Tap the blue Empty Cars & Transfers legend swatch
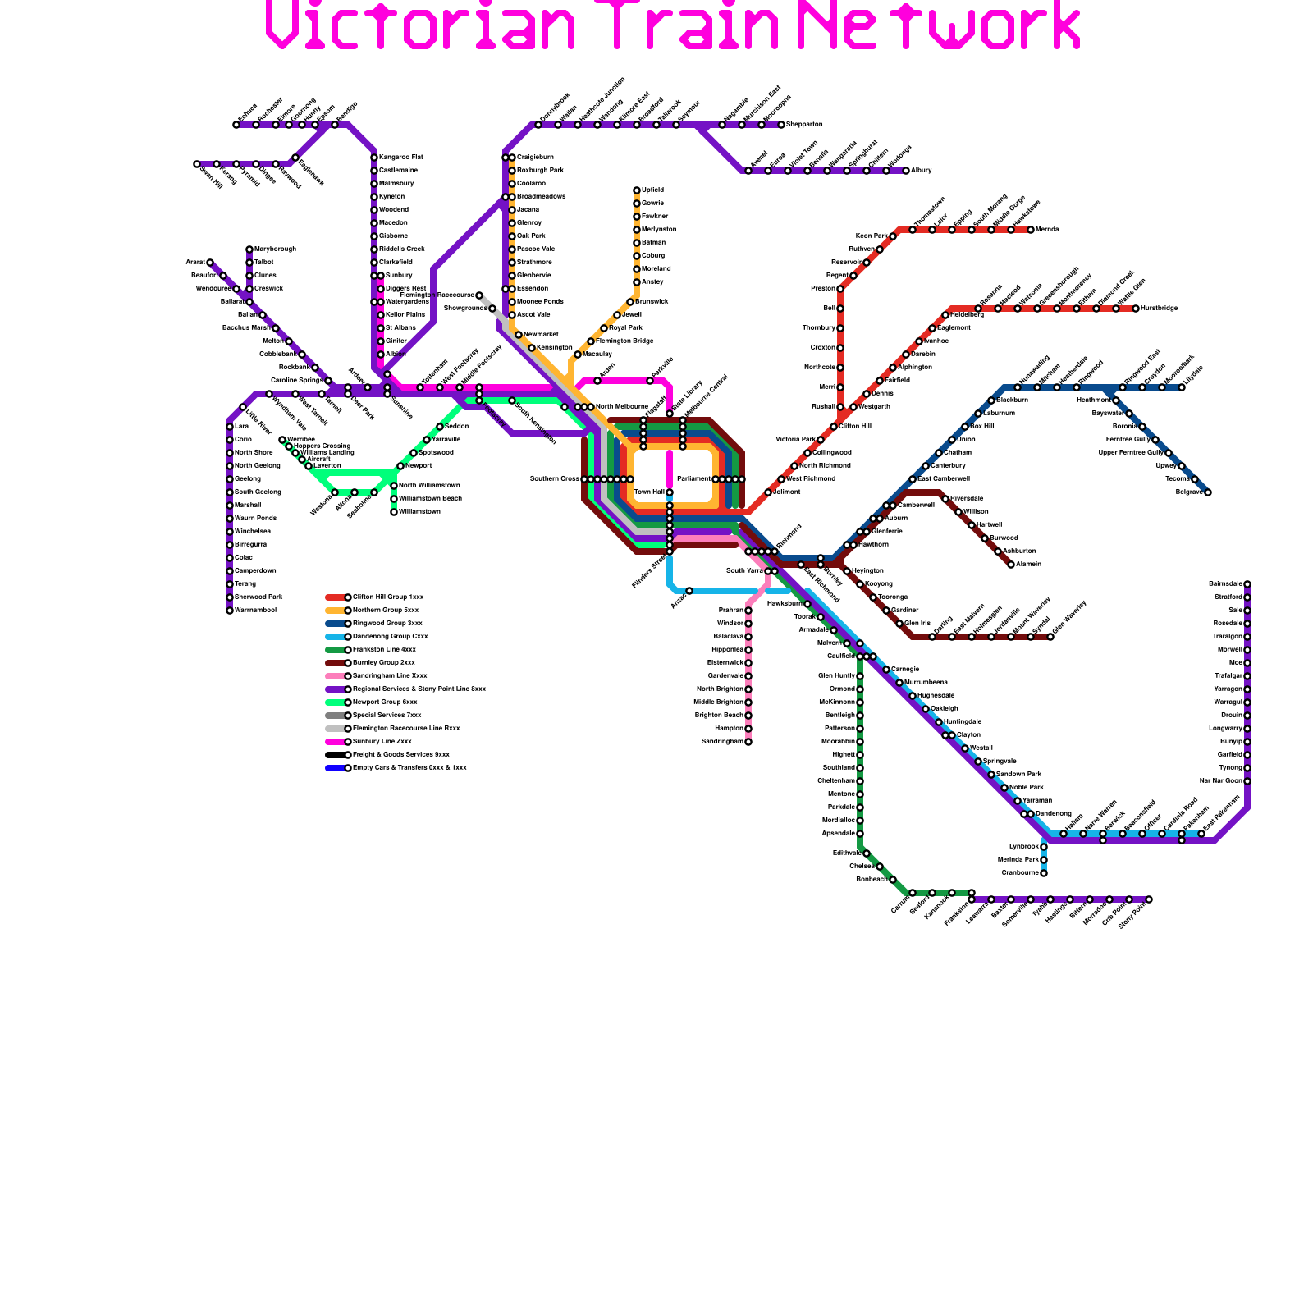tap(335, 768)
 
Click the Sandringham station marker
tap(748, 742)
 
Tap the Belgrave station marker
tap(1208, 492)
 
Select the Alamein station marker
tap(1011, 565)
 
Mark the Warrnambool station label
tap(255, 611)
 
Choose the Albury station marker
tap(906, 171)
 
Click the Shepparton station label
tap(804, 125)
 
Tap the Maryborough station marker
tap(249, 249)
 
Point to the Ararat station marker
tap(210, 263)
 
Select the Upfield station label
tap(653, 190)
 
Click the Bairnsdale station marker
tap(1247, 584)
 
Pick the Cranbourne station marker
tap(1044, 873)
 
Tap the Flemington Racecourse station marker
tap(479, 295)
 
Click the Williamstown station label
tap(419, 512)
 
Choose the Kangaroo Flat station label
tap(401, 158)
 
